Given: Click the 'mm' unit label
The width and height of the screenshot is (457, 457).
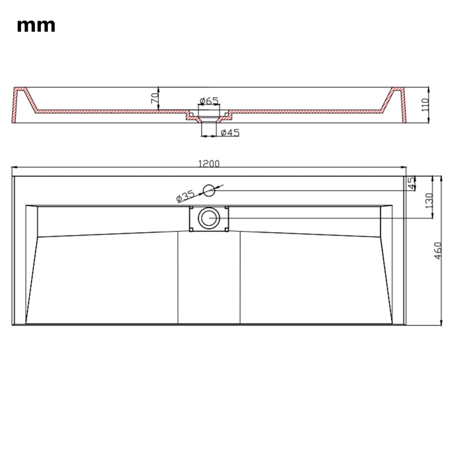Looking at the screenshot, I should click(x=36, y=25).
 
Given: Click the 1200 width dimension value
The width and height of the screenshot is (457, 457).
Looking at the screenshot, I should click(x=209, y=164).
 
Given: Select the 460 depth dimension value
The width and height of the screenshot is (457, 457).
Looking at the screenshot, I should click(x=438, y=251).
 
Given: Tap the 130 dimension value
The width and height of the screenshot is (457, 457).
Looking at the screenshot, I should click(x=429, y=201).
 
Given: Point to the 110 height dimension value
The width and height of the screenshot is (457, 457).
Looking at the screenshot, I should click(x=424, y=105).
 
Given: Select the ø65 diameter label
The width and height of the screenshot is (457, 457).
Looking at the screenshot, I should click(x=209, y=101).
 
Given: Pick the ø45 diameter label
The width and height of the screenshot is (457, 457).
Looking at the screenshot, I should click(x=230, y=133).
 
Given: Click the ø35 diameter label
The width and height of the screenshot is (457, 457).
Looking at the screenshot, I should click(x=185, y=195).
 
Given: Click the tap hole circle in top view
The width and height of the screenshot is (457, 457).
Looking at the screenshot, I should click(x=209, y=191).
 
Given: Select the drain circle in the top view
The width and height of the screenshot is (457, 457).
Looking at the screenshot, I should click(x=208, y=218).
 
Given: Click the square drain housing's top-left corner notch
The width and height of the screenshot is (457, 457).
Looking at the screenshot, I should click(x=191, y=208).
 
